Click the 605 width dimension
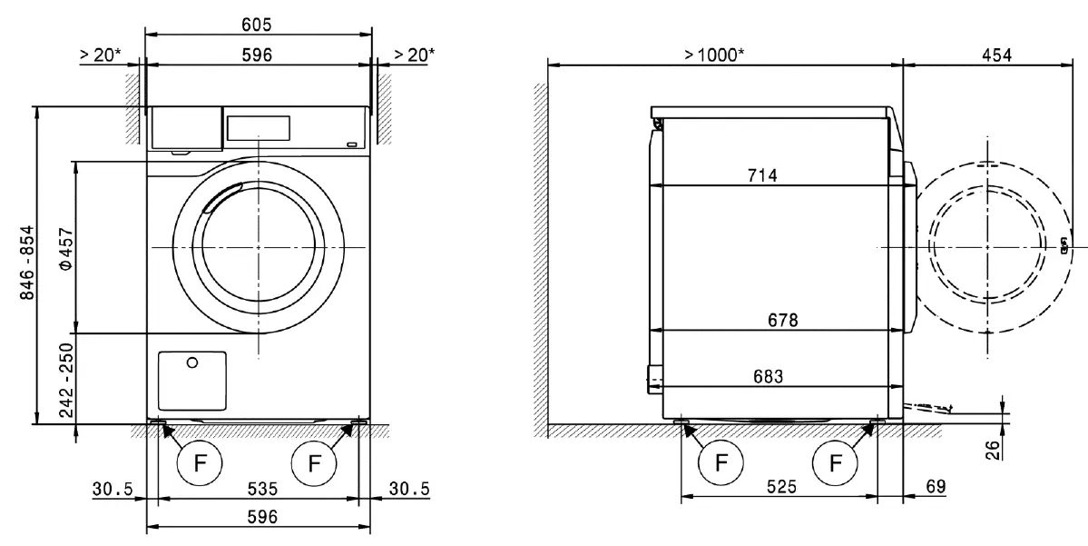click(x=259, y=24)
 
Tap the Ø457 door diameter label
click(x=64, y=248)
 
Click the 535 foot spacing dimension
click(x=259, y=490)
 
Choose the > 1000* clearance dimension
click(x=714, y=55)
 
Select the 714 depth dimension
click(x=762, y=175)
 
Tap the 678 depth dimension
click(x=781, y=320)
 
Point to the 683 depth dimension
click(x=768, y=375)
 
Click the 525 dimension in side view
click(x=780, y=487)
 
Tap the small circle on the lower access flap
click(x=191, y=363)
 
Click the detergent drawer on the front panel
click(x=186, y=128)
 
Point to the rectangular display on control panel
click(x=257, y=127)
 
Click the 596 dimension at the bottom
click(x=259, y=516)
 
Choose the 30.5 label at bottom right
click(x=408, y=490)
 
